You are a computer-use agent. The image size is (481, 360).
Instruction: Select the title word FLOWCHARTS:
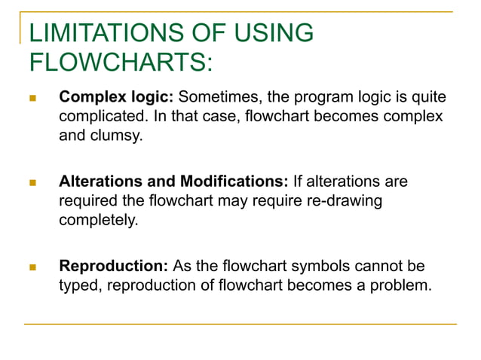[x=119, y=63]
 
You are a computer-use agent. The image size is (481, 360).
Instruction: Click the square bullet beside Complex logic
[x=32, y=99]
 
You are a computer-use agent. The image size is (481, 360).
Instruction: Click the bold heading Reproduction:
[x=114, y=267]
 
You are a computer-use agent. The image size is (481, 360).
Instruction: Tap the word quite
[x=428, y=98]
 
